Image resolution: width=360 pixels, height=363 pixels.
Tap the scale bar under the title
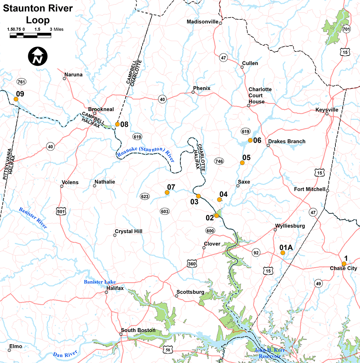[30, 35]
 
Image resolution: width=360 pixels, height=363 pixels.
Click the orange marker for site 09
[16, 99]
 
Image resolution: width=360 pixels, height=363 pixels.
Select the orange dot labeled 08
[118, 124]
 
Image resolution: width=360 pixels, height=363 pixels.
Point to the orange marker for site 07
[167, 192]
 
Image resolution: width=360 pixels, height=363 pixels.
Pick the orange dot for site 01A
[282, 253]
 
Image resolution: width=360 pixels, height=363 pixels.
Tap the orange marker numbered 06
[250, 140]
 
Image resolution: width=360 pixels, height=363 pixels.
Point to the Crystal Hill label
[128, 231]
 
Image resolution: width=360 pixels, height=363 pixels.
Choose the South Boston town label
[138, 330]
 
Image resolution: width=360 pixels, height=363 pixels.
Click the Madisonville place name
[202, 21]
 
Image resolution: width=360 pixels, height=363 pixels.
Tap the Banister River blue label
[33, 218]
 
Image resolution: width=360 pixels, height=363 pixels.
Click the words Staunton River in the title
[38, 8]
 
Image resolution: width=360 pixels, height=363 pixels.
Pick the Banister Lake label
[100, 282]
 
